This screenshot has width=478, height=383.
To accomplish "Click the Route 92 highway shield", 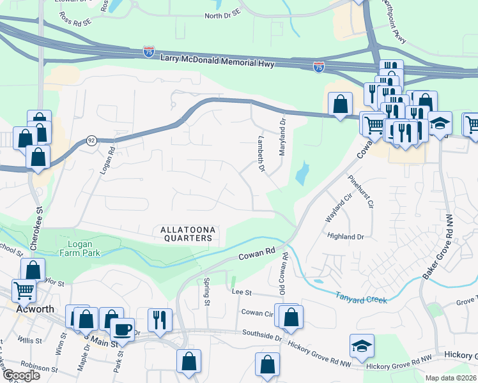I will coord(91,141).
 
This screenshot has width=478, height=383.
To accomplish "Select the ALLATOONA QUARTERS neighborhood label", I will coord(185,233).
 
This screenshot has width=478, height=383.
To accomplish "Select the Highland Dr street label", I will coord(345,236).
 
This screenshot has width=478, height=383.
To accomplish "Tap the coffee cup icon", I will coord(122,330).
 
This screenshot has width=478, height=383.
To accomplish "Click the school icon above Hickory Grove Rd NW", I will coord(362,346).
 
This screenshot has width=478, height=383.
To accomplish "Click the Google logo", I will coord(21,375).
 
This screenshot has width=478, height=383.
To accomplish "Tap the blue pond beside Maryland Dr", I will coord(300,173).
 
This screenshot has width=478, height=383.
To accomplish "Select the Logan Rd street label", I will coord(105,161).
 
